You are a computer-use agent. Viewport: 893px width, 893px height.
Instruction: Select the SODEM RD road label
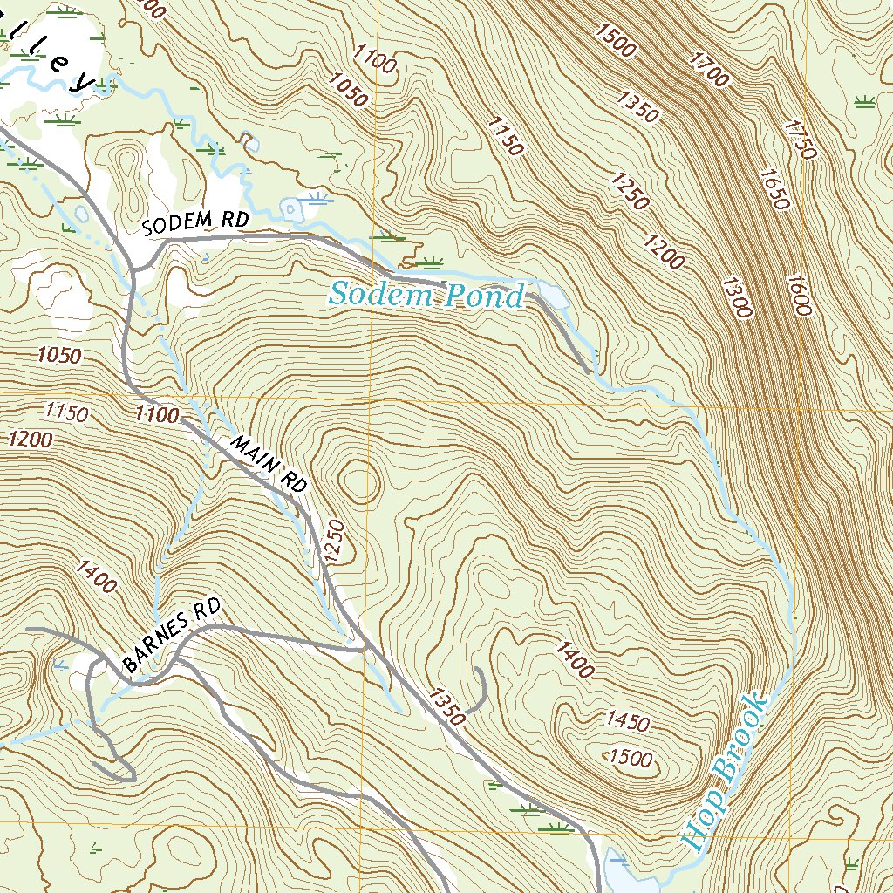point(195,223)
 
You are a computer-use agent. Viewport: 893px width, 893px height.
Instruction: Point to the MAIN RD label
point(269,465)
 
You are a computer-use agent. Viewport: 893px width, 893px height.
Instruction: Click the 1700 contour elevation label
point(707,69)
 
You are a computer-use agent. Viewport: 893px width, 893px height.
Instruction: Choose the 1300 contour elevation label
point(736,297)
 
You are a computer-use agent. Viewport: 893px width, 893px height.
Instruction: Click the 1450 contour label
point(627,721)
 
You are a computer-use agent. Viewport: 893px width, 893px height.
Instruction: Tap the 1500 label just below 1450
point(631,758)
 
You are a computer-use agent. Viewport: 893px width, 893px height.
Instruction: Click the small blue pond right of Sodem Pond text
point(553,295)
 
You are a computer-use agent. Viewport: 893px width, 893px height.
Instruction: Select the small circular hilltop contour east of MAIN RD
point(359,482)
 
